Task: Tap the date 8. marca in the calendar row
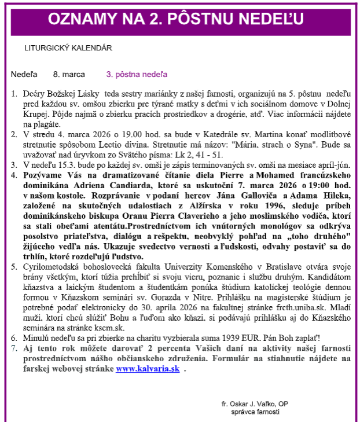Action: point(69,75)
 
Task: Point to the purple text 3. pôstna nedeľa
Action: point(137,75)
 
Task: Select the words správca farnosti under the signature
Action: point(255,412)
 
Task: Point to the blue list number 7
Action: point(14,348)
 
